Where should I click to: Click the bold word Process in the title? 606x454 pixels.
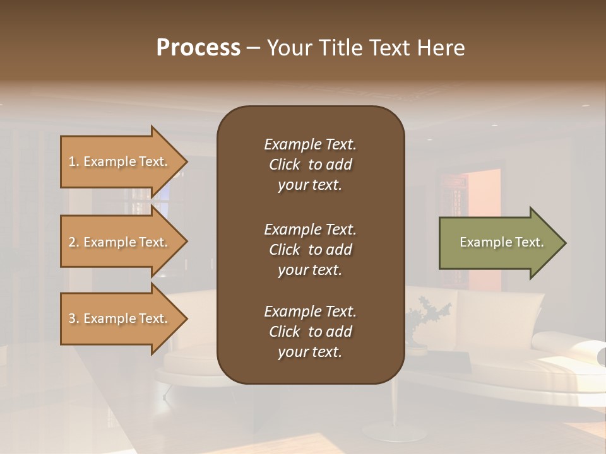[x=198, y=48]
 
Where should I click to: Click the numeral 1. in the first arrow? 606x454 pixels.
[x=74, y=162]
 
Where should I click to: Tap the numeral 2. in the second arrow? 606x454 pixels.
[x=74, y=243]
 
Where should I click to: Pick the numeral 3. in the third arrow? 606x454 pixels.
[x=74, y=319]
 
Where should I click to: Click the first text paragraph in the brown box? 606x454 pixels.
[x=310, y=165]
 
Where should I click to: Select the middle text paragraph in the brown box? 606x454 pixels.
[x=310, y=250]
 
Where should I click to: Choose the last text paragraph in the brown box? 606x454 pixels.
[x=310, y=332]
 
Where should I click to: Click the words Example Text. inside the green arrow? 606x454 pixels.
[x=501, y=242]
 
